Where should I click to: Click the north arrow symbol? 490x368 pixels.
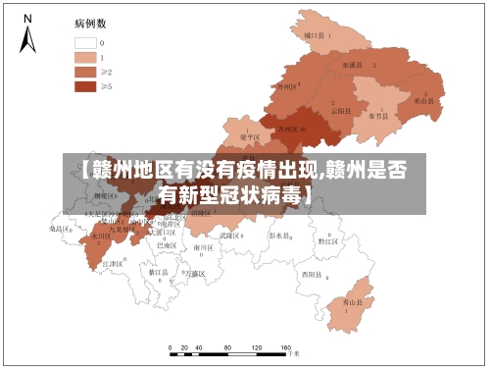27,36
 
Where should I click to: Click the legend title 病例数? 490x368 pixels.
89,22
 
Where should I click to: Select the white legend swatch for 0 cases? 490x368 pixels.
84,43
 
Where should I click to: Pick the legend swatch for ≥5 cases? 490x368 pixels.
84,86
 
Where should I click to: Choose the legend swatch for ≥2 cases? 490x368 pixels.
84,72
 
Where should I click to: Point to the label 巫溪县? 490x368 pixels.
353,65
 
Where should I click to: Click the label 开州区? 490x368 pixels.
286,86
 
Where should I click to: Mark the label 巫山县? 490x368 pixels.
423,101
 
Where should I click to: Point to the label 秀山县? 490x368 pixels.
350,303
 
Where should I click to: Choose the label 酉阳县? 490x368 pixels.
313,273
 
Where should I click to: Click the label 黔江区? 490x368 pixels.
328,239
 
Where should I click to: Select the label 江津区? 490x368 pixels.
114,265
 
